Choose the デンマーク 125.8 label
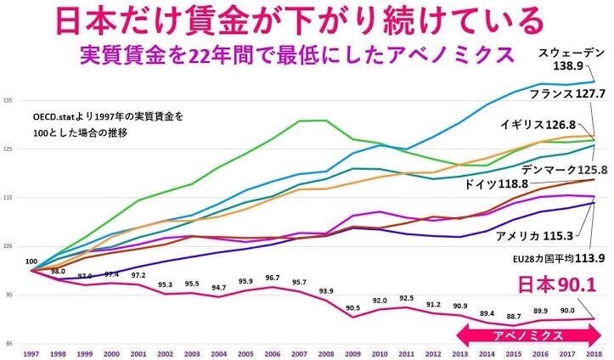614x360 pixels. pos(553,169)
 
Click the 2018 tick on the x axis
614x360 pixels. pos(592,353)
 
